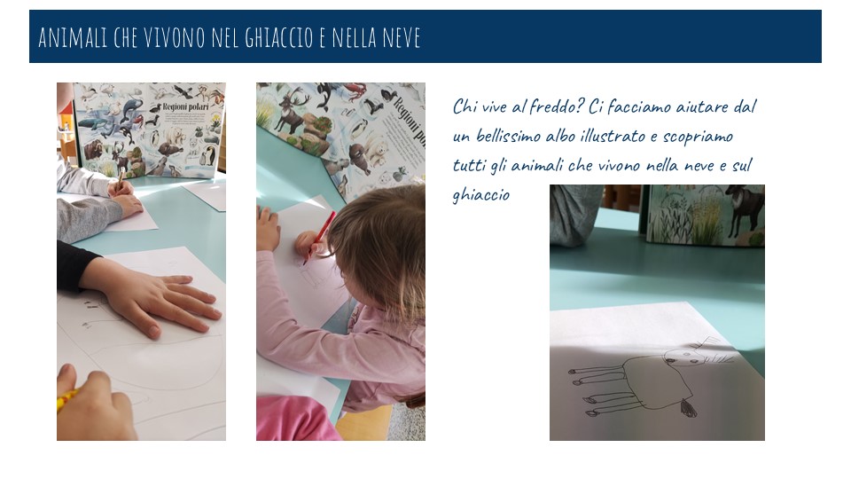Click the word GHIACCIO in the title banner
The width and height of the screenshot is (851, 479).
tap(279, 37)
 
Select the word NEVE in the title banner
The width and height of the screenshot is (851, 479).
tap(401, 37)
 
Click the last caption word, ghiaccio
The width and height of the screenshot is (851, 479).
tap(480, 194)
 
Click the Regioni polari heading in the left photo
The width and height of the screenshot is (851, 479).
tap(185, 107)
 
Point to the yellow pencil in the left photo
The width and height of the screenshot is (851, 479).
tap(66, 400)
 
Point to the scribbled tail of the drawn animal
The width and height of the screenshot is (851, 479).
tap(688, 407)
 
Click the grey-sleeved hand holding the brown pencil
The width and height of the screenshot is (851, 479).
tap(121, 188)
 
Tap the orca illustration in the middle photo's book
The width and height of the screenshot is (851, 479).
tap(325, 96)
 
